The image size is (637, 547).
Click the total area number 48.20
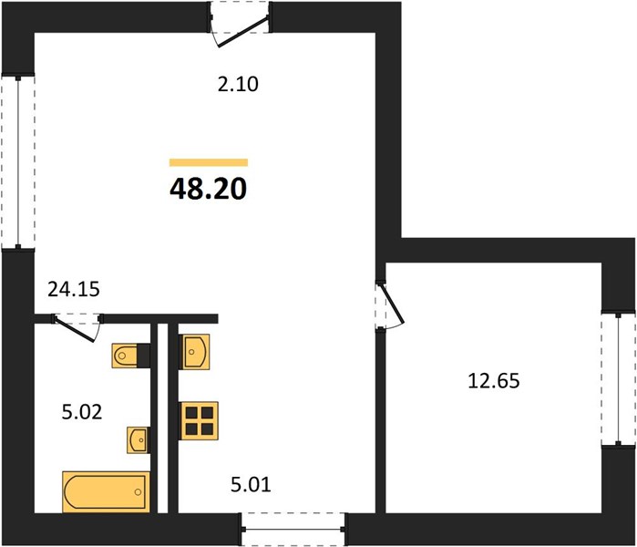(x=208, y=189)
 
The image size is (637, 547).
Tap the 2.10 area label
(x=238, y=85)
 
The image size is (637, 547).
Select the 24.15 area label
(x=74, y=289)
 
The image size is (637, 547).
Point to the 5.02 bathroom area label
(x=82, y=412)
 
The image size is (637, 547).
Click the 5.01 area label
(x=251, y=485)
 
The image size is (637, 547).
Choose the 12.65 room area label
(x=494, y=381)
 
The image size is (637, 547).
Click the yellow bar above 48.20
(x=209, y=162)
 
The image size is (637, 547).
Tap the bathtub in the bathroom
(x=106, y=491)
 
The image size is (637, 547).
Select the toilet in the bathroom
(x=131, y=356)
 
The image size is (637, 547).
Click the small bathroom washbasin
(x=138, y=439)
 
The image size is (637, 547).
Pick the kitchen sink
(x=195, y=352)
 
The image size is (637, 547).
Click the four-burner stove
(x=200, y=420)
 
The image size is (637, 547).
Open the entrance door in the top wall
(x=240, y=24)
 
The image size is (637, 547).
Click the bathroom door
(x=77, y=327)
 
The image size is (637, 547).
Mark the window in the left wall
(x=18, y=161)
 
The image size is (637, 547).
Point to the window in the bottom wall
(x=293, y=530)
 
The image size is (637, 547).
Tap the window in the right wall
(x=618, y=378)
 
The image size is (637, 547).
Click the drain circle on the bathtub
(x=138, y=492)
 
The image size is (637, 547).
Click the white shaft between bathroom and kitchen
(x=162, y=418)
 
